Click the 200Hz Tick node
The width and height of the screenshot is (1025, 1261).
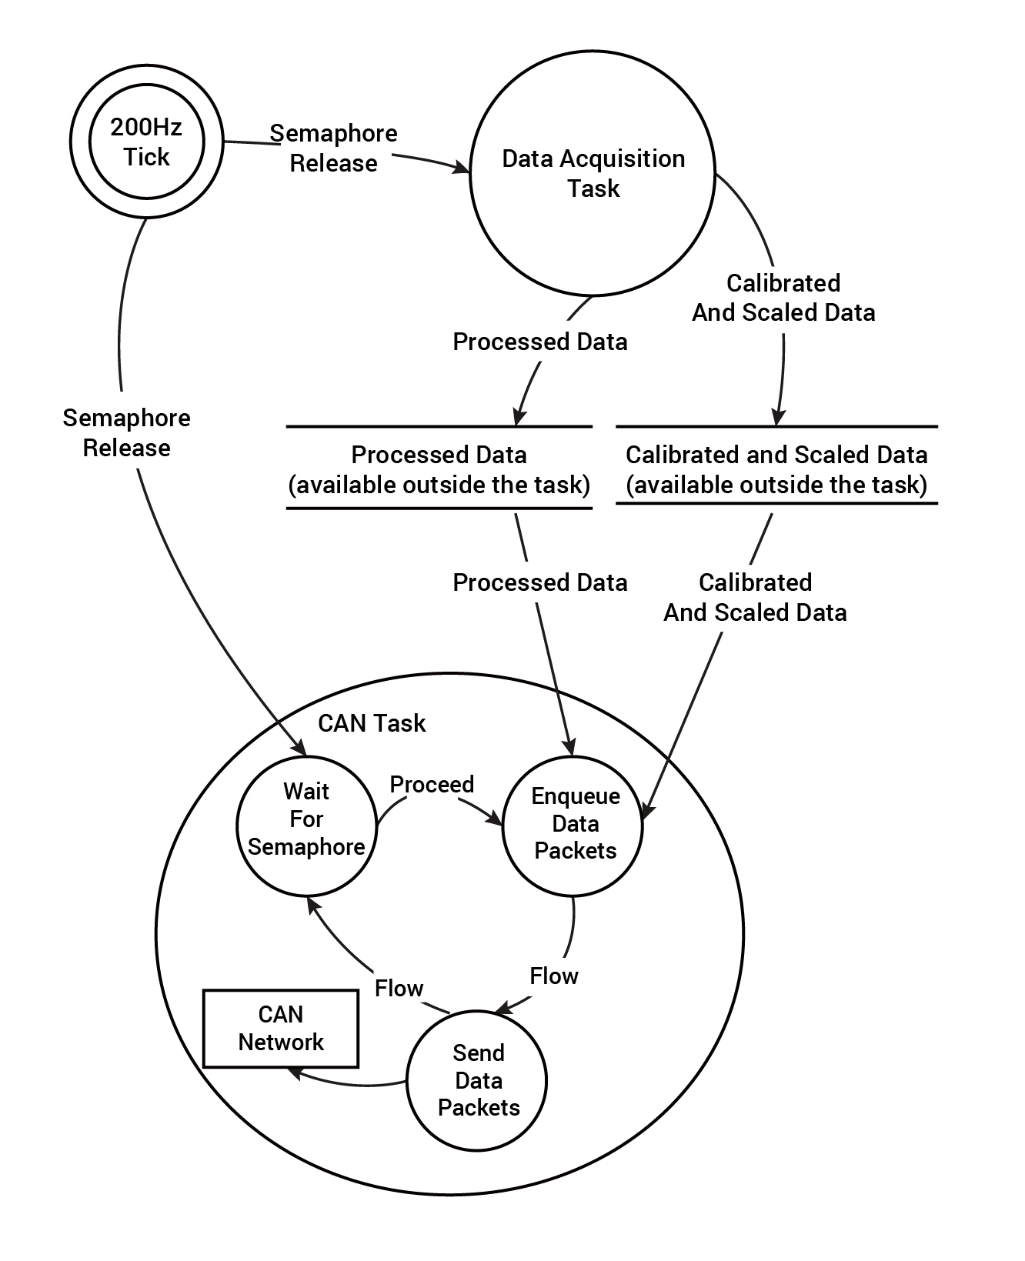click(146, 142)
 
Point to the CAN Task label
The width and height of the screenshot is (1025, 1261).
click(372, 723)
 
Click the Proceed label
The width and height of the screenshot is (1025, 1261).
click(432, 784)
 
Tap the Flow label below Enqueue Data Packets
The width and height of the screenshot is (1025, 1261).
click(554, 976)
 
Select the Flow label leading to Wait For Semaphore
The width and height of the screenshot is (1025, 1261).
click(399, 988)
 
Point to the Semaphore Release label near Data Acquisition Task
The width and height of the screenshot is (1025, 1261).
click(333, 148)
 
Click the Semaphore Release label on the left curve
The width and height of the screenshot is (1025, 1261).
click(127, 432)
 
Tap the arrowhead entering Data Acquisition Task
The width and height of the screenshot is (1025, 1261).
click(462, 168)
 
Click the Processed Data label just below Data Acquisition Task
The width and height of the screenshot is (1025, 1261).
click(540, 342)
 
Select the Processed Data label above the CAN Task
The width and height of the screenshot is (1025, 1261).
click(540, 582)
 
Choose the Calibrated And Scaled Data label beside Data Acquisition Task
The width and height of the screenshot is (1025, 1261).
click(783, 298)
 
